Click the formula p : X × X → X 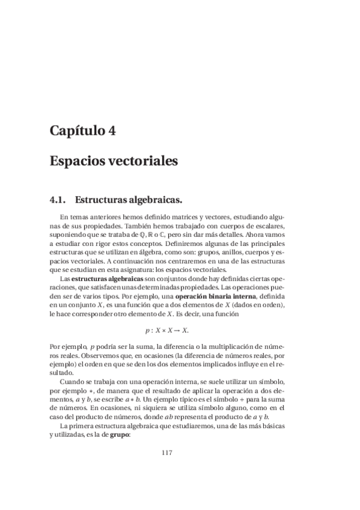pyautogui.click(x=167, y=330)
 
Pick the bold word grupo pyautogui.click(x=120, y=434)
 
